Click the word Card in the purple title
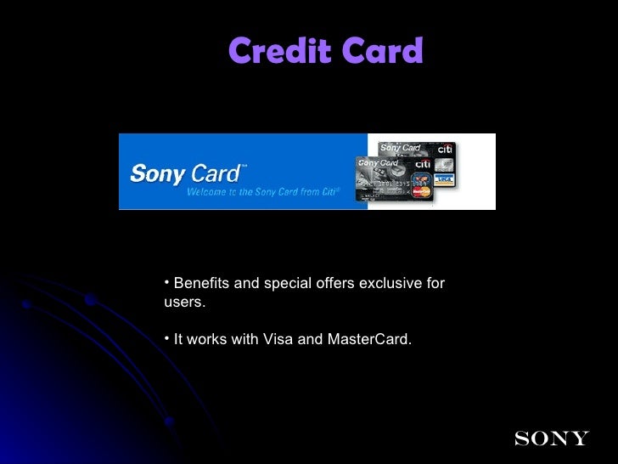(x=381, y=52)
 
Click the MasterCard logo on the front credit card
(x=421, y=191)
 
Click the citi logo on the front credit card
(x=422, y=163)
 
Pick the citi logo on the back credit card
(x=445, y=148)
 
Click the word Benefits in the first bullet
(x=201, y=283)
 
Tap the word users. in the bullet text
(x=179, y=302)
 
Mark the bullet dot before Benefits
(x=167, y=282)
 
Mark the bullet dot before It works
(x=167, y=339)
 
